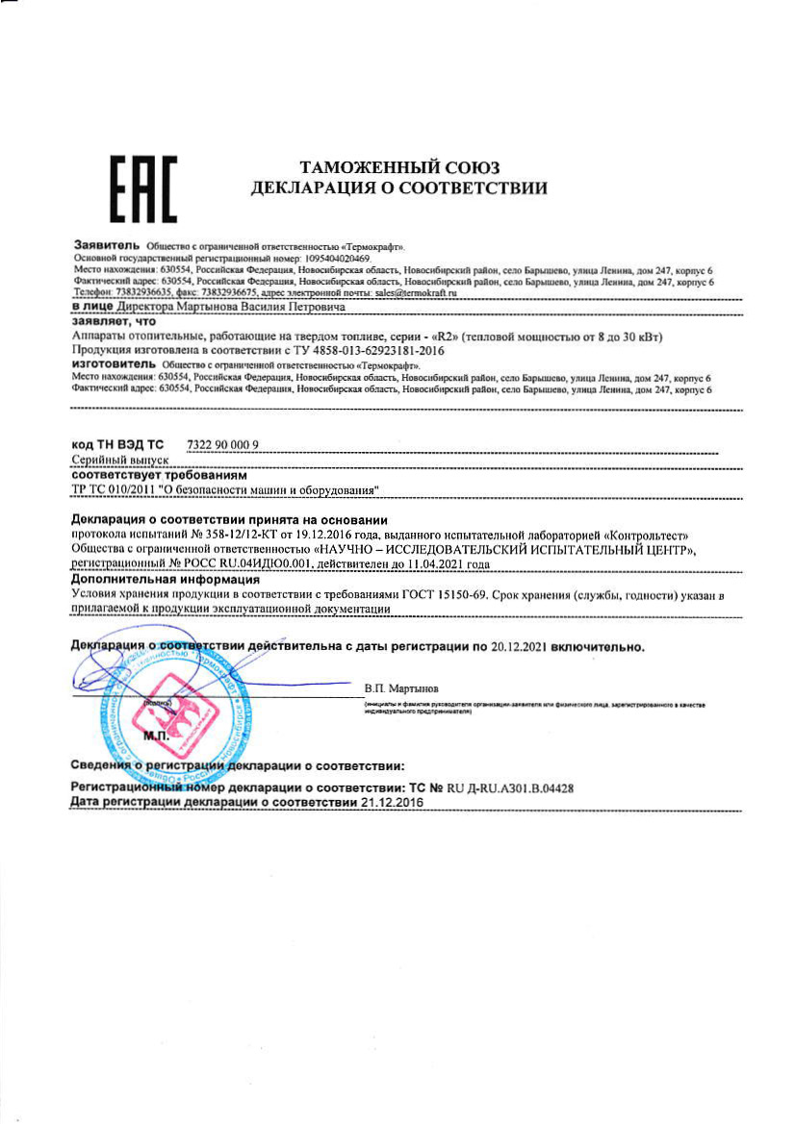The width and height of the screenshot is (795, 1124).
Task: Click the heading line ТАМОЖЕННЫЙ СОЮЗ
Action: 399,168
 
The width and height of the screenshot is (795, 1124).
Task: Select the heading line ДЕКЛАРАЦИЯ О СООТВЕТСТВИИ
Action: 399,189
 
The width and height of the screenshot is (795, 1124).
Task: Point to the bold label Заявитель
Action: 107,247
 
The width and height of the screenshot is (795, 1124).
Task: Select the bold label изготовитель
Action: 114,366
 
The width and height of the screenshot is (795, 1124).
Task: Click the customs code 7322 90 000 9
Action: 222,444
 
